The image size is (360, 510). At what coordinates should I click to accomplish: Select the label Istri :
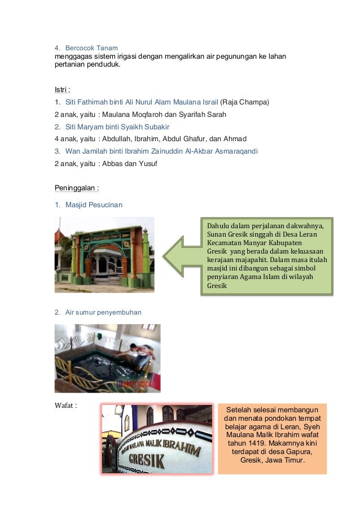(62, 90)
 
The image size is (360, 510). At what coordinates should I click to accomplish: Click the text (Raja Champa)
(244, 102)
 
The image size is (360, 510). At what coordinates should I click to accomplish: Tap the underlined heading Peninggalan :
(73, 188)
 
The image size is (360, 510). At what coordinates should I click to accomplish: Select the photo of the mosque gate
(104, 255)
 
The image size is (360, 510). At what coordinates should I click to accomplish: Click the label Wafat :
(65, 405)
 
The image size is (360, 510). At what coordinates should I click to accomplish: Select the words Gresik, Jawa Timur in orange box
(272, 460)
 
